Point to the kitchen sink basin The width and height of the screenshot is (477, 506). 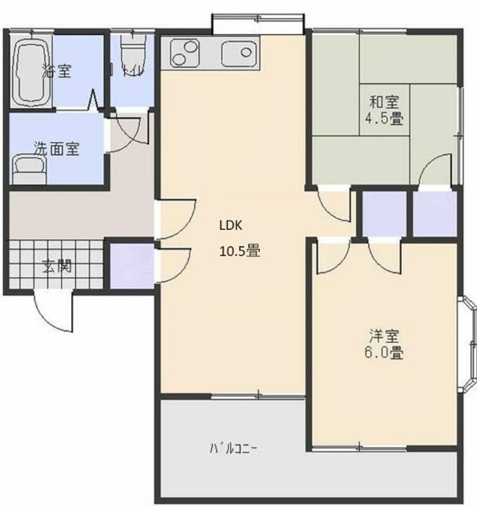point(237,52)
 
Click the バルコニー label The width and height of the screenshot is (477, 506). point(233,448)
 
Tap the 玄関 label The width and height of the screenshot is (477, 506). point(55,267)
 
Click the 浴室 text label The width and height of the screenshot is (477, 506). point(56,70)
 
